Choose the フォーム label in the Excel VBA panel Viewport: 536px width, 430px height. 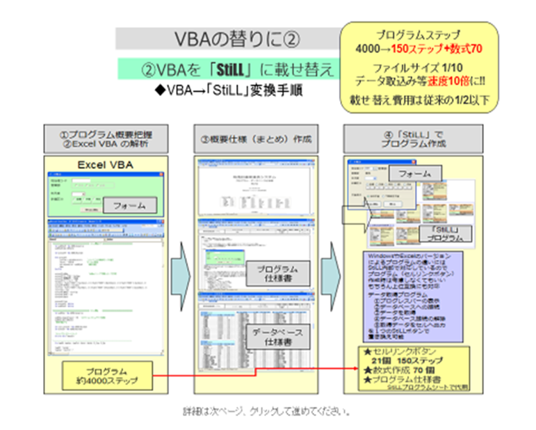pos(132,206)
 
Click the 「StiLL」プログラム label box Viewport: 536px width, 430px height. pos(442,231)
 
